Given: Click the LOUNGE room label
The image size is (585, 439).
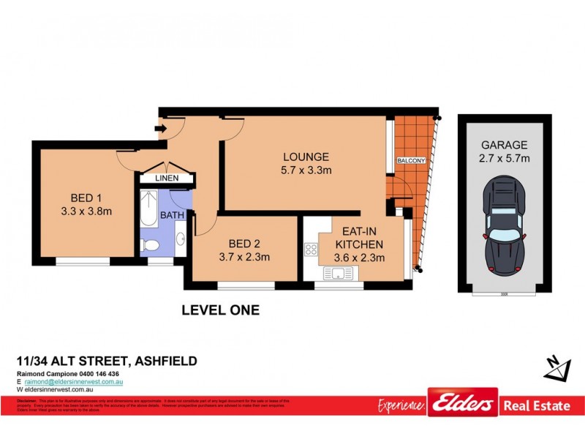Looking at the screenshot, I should [x=306, y=157].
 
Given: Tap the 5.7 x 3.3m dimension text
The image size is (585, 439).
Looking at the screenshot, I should [x=306, y=170].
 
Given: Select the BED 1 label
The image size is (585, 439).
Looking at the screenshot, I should [x=86, y=198].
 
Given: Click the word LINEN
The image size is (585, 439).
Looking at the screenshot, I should [x=167, y=179].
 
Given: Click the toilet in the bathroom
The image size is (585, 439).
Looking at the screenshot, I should [x=150, y=245].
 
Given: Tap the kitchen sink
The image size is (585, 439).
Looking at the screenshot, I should [x=339, y=274].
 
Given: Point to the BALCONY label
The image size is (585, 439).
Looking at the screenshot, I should [x=410, y=160].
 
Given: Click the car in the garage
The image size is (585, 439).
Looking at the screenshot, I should [x=504, y=226].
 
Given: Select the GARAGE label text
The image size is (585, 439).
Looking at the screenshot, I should [x=504, y=145].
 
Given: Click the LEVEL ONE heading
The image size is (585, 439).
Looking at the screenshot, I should [x=220, y=310].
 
